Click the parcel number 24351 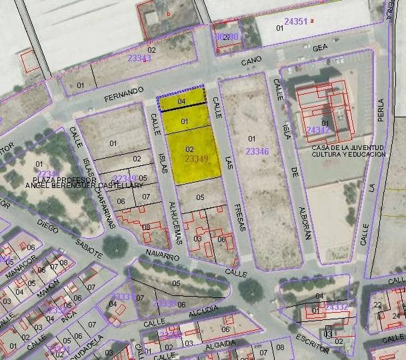tap(295, 21)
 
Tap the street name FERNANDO tap(124, 94)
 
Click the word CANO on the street tap(251, 61)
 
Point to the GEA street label tap(321, 47)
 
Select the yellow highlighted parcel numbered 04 tap(181, 101)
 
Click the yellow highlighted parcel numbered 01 tap(185, 121)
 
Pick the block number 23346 tap(257, 152)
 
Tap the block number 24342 tap(317, 130)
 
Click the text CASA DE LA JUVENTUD tap(347, 147)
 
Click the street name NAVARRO tap(163, 255)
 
